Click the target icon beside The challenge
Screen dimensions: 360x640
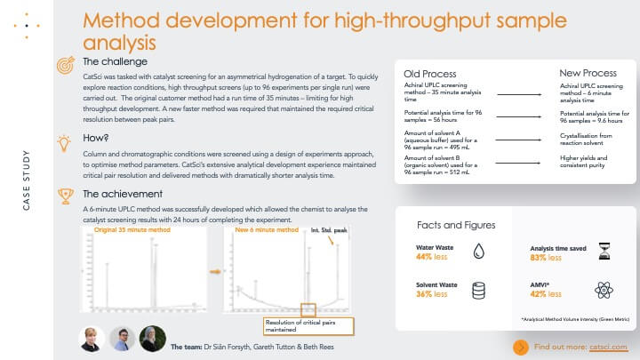click(x=65, y=63)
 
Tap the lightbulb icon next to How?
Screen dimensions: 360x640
click(x=65, y=140)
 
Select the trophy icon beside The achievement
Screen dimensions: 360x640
click(x=65, y=194)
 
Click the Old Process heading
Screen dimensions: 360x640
click(x=430, y=73)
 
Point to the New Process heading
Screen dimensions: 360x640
click(x=588, y=73)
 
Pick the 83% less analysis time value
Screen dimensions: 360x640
click(x=546, y=258)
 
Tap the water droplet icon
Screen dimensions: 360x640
click(x=478, y=252)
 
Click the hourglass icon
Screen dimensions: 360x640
click(x=604, y=252)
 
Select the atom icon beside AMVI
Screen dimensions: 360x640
click(x=604, y=289)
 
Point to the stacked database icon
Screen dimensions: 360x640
click(x=478, y=290)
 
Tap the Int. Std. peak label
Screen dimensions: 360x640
click(x=330, y=229)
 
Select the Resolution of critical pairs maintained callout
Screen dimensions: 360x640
click(x=309, y=325)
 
